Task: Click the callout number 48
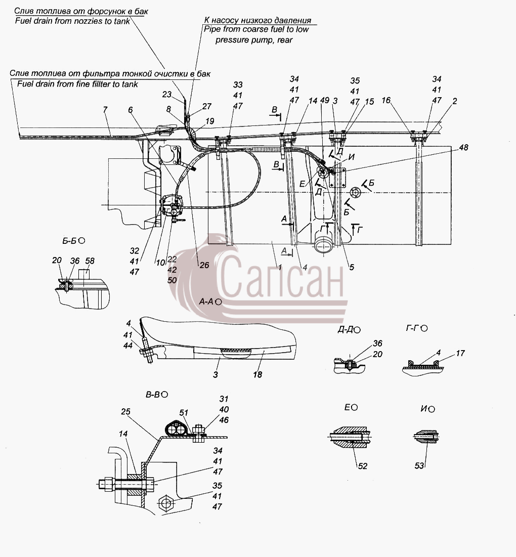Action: click(x=463, y=147)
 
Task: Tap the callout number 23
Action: click(x=167, y=95)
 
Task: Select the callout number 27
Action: click(x=207, y=106)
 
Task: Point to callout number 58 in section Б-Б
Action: click(x=90, y=261)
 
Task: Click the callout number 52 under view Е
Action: click(x=363, y=466)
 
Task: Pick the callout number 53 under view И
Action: click(x=419, y=465)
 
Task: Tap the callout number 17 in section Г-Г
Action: click(x=460, y=353)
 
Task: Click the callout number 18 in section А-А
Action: click(x=257, y=374)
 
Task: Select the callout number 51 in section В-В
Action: click(x=184, y=413)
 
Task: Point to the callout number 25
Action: click(x=126, y=412)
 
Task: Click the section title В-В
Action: click(x=157, y=395)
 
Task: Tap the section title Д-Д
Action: click(x=349, y=330)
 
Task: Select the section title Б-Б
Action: click(x=73, y=241)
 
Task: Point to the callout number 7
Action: click(x=105, y=110)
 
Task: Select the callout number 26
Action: click(x=204, y=265)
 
